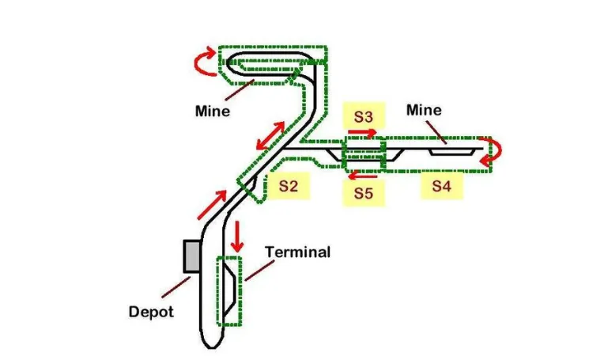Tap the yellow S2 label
pos(288,186)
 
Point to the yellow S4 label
pos(441,186)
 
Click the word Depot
pos(151,312)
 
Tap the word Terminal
pos(297,252)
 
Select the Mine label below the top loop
pos(213,111)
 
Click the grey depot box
pos(191,256)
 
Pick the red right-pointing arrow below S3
pos(364,132)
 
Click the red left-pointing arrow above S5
pos(364,175)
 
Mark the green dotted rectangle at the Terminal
pos(230,291)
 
